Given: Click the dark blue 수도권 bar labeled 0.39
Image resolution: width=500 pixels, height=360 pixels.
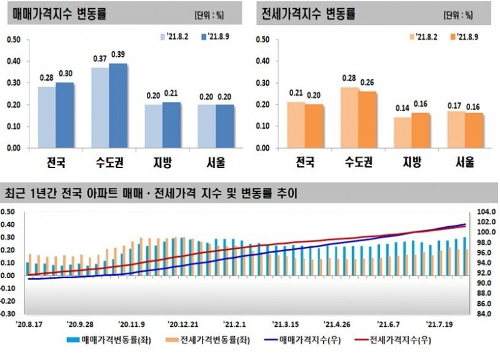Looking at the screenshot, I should pyautogui.click(x=118, y=106).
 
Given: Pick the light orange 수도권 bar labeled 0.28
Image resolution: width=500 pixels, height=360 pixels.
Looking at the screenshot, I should pyautogui.click(x=349, y=117).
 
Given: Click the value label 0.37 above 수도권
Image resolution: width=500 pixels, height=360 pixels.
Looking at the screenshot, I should pyautogui.click(x=101, y=59).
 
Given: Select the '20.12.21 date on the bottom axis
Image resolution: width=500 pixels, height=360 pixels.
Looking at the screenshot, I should pyautogui.click(x=182, y=325).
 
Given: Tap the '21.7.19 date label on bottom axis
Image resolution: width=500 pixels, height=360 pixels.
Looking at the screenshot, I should pyautogui.click(x=441, y=325).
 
